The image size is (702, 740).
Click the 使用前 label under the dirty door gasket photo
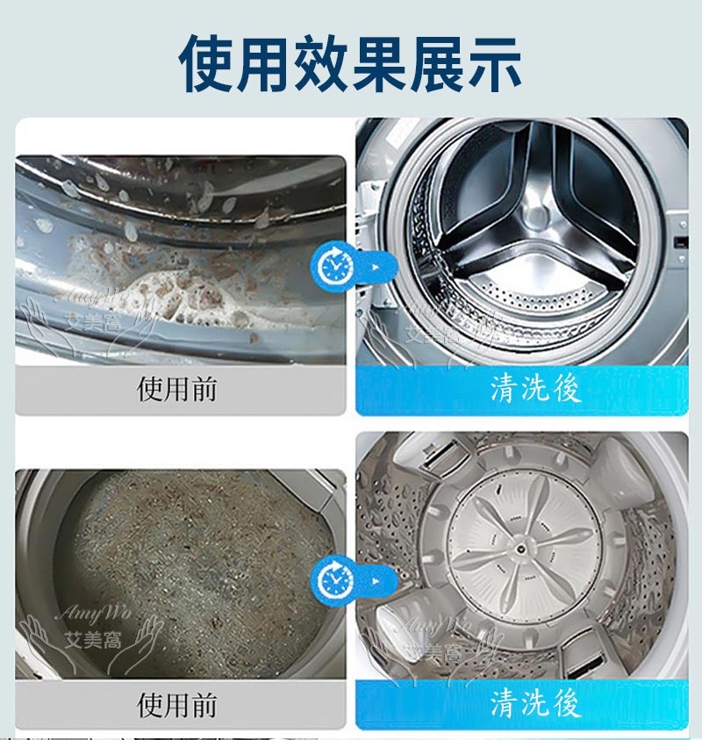coord(177,390)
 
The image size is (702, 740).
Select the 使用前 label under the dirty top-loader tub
coord(177,704)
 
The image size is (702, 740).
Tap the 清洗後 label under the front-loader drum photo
coord(535,390)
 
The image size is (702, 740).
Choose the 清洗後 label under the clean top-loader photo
coord(535,704)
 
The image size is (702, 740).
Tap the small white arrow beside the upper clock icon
coord(376,267)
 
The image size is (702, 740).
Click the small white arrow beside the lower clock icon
coord(376,581)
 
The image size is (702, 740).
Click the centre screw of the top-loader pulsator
coord(519,550)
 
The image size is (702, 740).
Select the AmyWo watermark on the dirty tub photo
coord(93,614)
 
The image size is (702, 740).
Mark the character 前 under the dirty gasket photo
coord(204,390)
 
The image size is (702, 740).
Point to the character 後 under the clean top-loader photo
coord(567,704)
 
